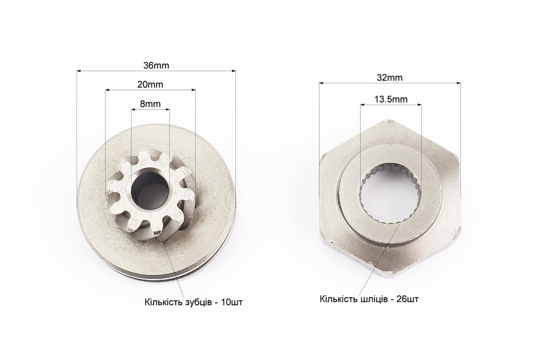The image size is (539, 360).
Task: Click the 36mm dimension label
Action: (x=156, y=65)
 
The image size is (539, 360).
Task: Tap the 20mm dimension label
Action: (x=150, y=84)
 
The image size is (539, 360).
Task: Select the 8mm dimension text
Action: (x=150, y=103)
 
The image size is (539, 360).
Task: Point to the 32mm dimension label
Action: (x=390, y=78)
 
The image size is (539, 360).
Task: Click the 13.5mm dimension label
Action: (x=391, y=99)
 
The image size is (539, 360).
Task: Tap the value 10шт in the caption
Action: (x=232, y=302)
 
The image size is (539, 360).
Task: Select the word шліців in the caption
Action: (x=373, y=299)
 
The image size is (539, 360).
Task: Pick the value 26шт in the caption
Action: (x=407, y=299)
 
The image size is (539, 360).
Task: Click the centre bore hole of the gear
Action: (x=150, y=190)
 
